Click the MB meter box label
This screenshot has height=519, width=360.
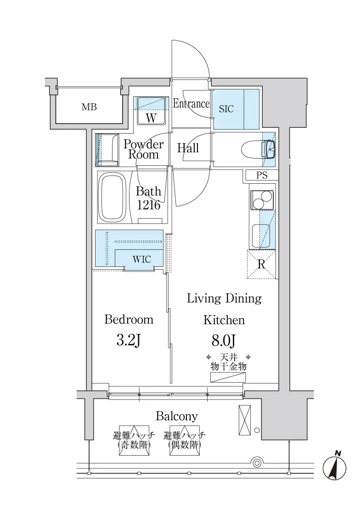89,107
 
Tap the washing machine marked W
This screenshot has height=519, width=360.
151,111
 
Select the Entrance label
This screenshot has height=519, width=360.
191,104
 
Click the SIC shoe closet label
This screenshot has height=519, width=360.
226,109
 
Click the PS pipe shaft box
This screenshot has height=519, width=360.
262,175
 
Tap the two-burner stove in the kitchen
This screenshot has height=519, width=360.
262,200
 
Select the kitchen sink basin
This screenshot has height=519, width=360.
261,236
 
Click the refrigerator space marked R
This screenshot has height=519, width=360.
261,265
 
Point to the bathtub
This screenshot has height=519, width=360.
113,197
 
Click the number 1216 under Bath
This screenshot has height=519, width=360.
149,205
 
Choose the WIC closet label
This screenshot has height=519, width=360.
142,259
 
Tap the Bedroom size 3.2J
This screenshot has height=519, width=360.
129,340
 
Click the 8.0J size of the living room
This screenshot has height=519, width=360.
224,340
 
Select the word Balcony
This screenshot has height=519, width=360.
177,416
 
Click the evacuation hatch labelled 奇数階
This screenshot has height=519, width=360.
134,440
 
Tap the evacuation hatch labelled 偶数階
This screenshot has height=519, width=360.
185,440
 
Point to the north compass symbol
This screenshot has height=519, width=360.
335,466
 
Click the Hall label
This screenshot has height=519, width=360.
188,148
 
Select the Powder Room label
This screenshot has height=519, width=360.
144,149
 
